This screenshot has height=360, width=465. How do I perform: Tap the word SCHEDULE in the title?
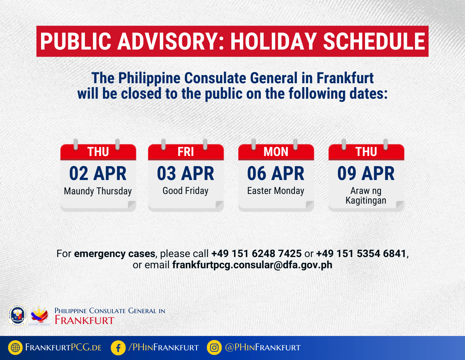pos(374,41)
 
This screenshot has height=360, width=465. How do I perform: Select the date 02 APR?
pos(98,173)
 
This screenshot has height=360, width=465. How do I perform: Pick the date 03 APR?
pos(186,173)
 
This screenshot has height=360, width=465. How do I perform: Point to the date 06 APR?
pos(276,173)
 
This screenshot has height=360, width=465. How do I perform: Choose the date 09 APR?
pos(366,173)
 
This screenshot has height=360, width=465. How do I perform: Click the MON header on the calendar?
pos(276,152)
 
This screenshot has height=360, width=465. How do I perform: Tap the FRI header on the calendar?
pos(186,152)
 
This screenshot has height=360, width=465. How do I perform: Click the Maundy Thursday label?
pos(98,191)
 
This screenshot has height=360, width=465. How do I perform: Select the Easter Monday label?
pos(276,191)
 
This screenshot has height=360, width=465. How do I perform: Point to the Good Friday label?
pos(185,191)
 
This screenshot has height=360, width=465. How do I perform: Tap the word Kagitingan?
pos(366,201)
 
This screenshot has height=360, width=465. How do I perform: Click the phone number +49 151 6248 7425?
pos(257,254)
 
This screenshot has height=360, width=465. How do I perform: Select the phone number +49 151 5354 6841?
pos(361,254)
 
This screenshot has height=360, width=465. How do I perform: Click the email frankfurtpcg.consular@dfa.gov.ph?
pos(252,265)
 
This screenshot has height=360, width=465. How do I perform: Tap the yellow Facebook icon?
pos(118,347)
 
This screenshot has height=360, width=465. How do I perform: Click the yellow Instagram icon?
pos(214,347)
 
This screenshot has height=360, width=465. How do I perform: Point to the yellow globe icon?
pos(15,347)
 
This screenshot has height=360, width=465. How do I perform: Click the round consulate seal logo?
pos(17,315)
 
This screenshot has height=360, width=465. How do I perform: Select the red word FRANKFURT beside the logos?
pos(84,320)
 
